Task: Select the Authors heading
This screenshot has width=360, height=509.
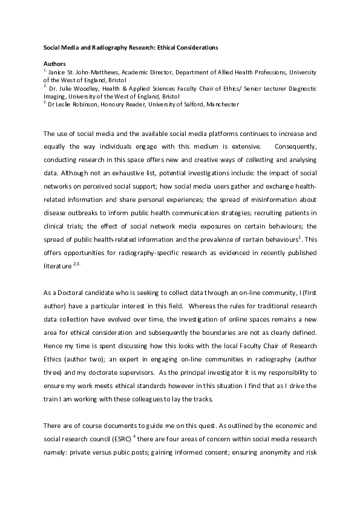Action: coord(54,63)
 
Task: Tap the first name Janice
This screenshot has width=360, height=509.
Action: coord(59,71)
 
